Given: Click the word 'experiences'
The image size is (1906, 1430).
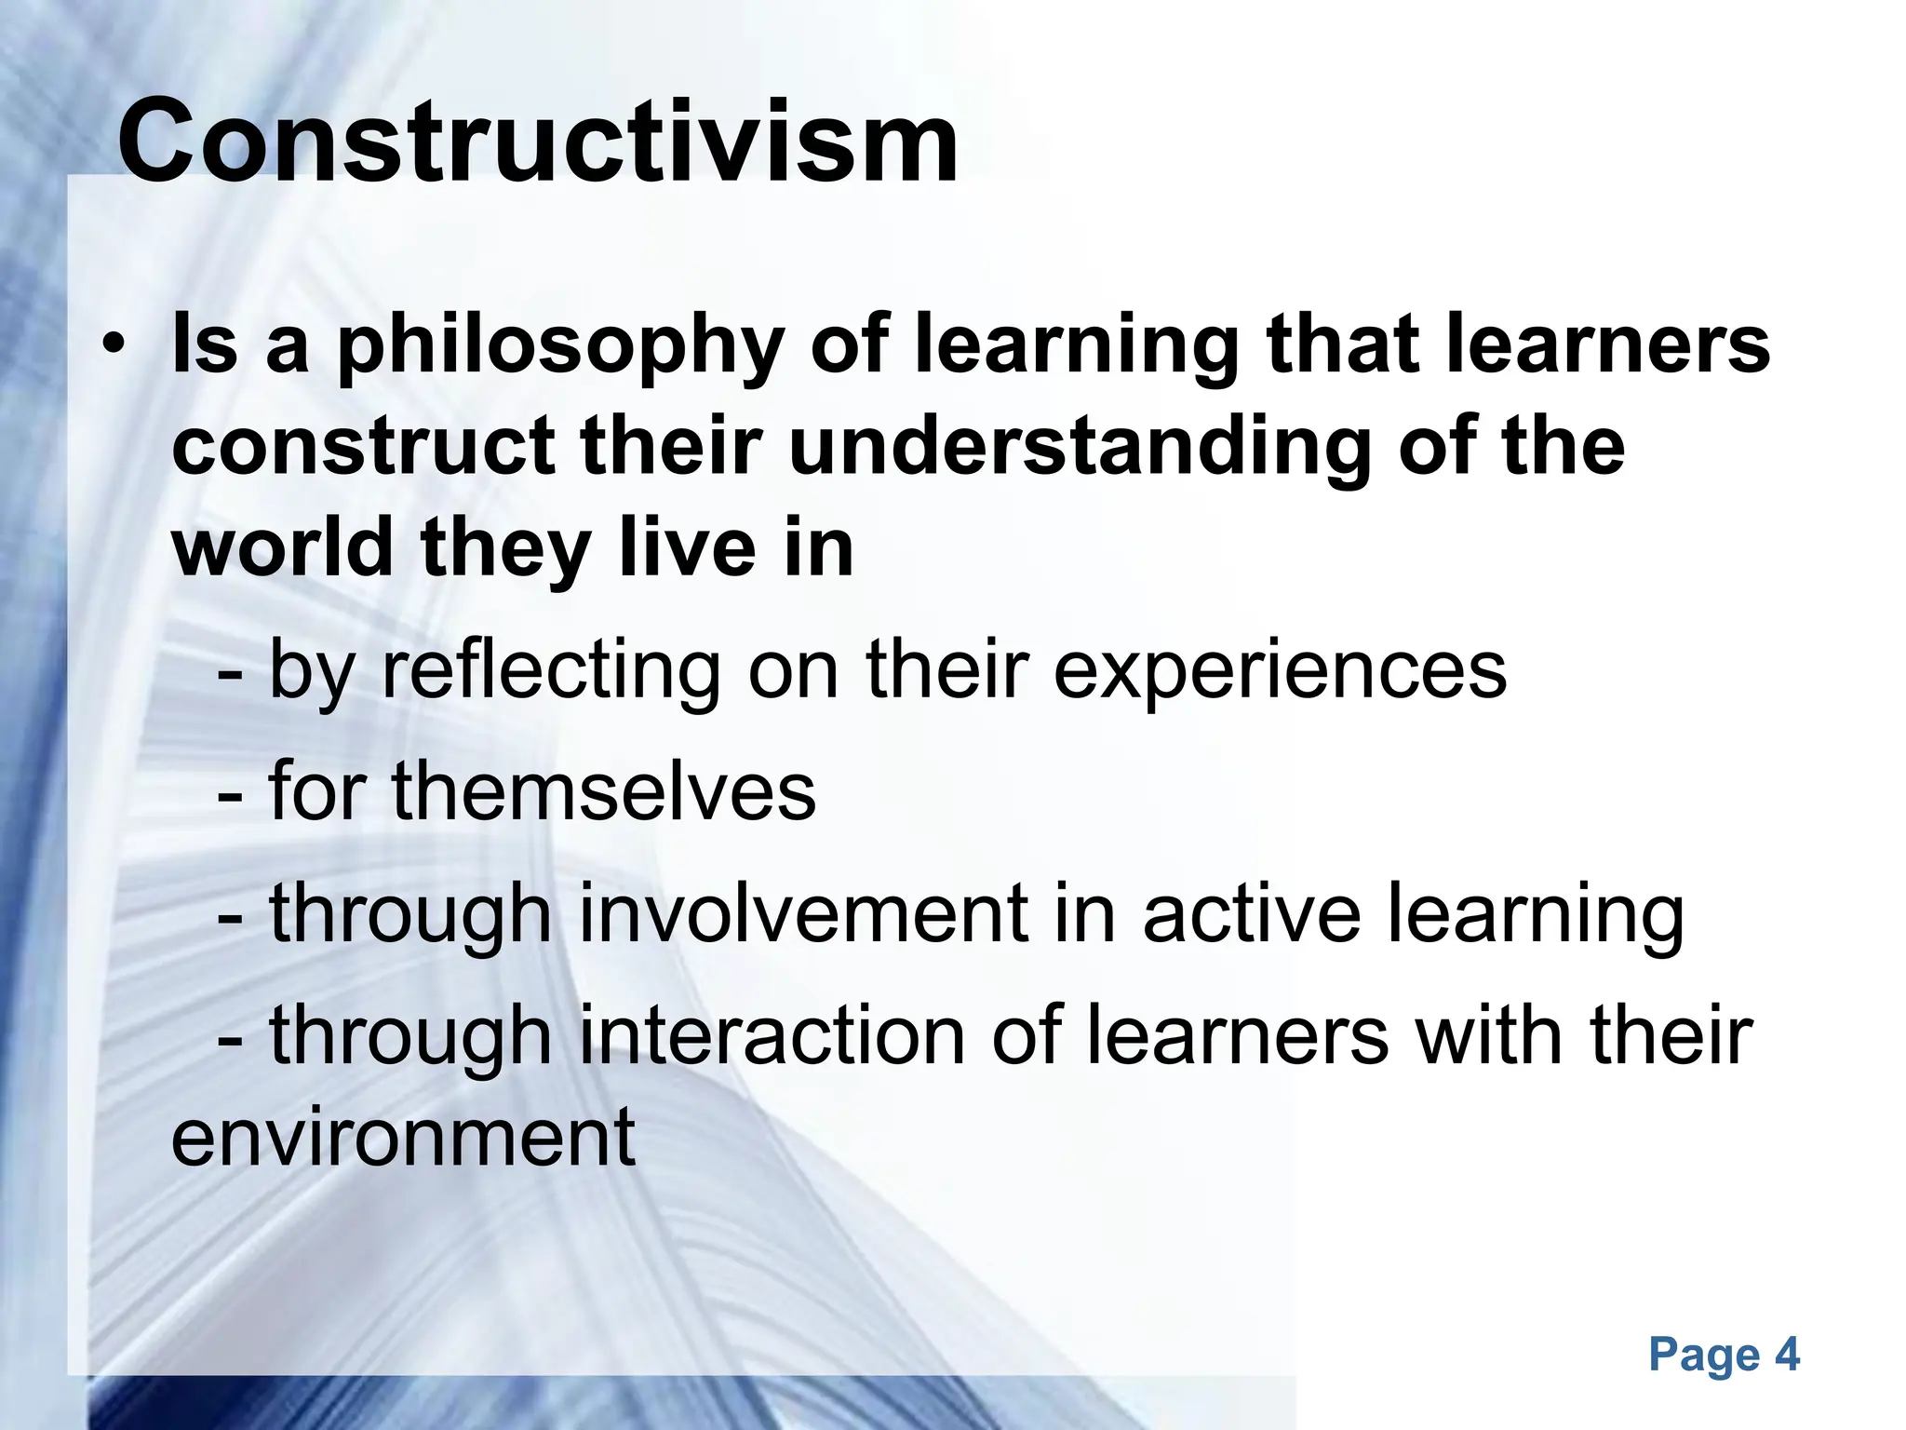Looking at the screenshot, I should (1280, 670).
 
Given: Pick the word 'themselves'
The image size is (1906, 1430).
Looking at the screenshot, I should (603, 790).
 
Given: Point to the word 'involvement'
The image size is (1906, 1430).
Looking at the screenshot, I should (804, 912).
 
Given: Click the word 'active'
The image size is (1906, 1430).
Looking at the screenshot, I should (1252, 912).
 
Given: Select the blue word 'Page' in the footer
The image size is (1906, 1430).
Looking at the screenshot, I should (1704, 1355).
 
